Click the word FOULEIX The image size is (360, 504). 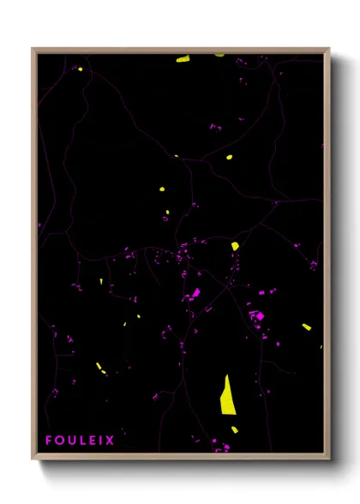[80, 441]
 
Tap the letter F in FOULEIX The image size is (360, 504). [50, 441]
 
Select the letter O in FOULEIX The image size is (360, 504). [60, 441]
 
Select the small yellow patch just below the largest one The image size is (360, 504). [235, 429]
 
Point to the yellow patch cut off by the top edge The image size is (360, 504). [219, 55]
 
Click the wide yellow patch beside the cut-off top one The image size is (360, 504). [183, 59]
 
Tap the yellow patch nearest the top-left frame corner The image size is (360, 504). [80, 69]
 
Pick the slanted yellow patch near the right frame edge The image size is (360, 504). [306, 327]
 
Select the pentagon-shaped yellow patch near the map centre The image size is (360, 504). [235, 246]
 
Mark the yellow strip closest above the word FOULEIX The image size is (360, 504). [101, 369]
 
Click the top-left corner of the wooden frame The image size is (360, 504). [33, 50]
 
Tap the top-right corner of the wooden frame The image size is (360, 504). [328, 50]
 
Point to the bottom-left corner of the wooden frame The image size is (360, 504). [33, 459]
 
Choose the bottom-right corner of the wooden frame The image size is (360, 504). [328, 459]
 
